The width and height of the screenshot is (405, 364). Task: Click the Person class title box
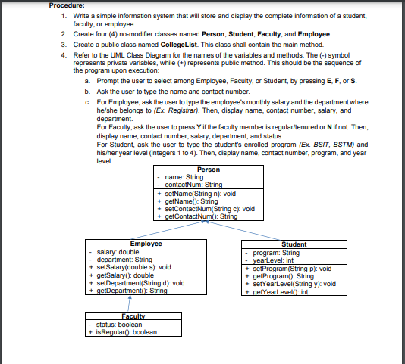point(207,169)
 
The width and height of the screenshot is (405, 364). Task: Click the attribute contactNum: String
point(194,184)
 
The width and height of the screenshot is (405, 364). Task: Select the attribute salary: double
point(114,251)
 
